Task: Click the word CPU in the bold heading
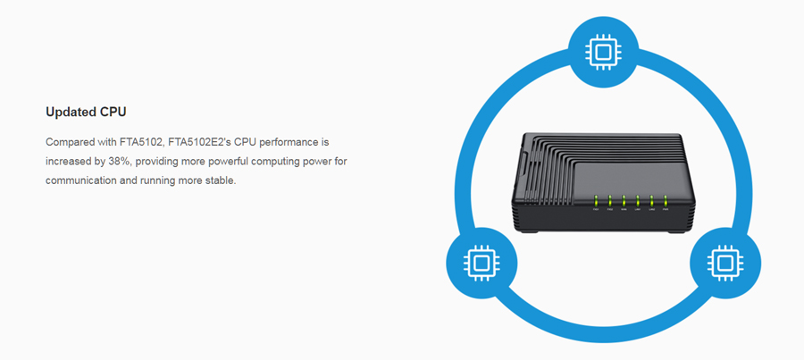[114, 113]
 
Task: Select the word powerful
[222, 162]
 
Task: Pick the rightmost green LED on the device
[666, 201]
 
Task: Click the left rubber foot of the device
[528, 230]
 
